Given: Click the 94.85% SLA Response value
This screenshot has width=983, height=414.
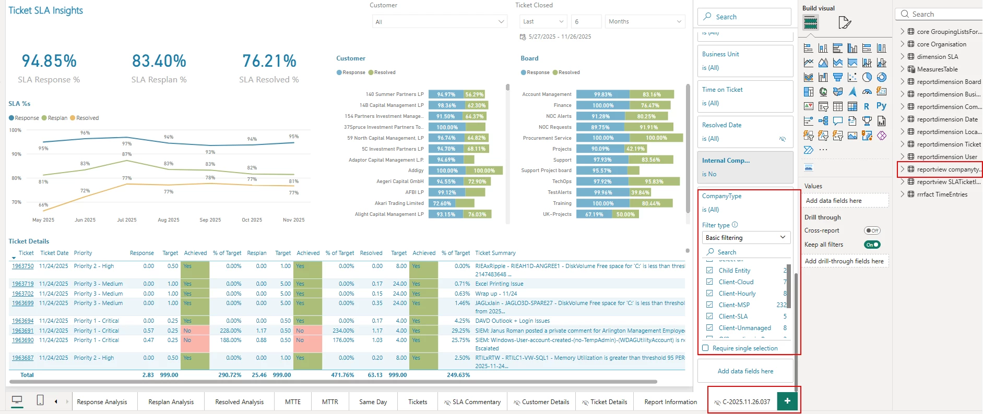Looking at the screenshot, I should [49, 62].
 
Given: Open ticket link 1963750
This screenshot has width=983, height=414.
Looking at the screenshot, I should [23, 266].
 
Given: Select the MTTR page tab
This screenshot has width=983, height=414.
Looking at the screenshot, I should [330, 402].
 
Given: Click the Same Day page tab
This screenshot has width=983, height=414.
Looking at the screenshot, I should [373, 402].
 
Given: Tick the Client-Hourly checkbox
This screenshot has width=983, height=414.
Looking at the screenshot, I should [709, 294].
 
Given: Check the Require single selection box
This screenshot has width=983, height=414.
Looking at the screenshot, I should [706, 348].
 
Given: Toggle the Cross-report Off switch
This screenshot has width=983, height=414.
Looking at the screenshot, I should [872, 230].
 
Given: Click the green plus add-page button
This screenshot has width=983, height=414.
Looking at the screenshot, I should [787, 401].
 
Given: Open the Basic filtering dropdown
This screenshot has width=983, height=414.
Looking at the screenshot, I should [745, 238].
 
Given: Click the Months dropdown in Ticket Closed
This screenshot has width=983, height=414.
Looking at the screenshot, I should [644, 21].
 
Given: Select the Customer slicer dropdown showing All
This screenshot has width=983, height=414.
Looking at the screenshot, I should [440, 22].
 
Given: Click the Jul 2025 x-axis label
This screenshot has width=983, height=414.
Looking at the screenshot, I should [127, 220].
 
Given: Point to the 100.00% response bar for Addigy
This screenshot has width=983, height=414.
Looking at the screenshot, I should [447, 171].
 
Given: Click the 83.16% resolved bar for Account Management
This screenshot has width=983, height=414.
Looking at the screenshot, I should [652, 94].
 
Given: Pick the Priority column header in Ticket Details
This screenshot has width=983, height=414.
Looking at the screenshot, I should [83, 253].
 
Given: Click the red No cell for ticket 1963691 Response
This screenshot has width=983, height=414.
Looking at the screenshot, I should [195, 331].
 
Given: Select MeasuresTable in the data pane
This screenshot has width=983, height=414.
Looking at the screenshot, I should [937, 69].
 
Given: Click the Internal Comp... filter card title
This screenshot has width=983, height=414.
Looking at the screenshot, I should [726, 161].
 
